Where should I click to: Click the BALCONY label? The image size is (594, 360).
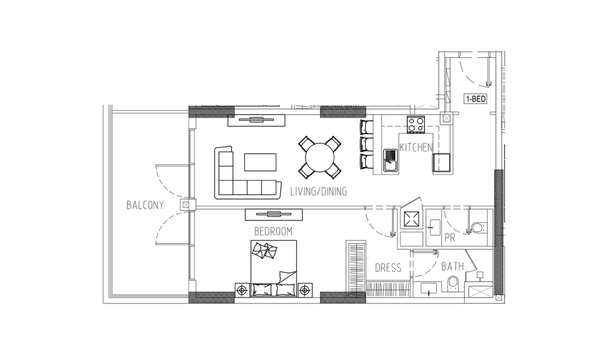[x=145, y=205]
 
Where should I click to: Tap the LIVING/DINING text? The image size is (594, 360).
[x=319, y=192]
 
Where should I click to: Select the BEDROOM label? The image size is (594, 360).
[x=273, y=231]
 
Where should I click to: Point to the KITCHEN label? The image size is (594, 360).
[x=416, y=147]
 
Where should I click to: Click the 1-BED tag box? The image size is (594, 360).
[x=475, y=99]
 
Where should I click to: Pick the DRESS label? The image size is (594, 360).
[x=388, y=268]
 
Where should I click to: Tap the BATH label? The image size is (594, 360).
[x=452, y=267]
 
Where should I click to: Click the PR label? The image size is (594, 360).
[x=449, y=238]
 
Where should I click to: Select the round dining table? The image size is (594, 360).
[x=320, y=157]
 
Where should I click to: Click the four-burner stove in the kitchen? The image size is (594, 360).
[x=416, y=124]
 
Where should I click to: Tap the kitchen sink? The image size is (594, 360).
[x=390, y=160]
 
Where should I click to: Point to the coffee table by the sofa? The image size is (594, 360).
[x=260, y=162]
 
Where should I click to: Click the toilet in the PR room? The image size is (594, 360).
[x=479, y=227]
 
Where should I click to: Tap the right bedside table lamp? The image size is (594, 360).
[x=304, y=291]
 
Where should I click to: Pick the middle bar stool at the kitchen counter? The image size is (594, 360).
[x=366, y=144]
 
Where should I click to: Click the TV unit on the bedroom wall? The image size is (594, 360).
[x=273, y=214]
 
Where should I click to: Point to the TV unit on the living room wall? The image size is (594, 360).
[x=256, y=120]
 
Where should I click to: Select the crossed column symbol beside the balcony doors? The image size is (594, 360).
[x=185, y=205]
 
